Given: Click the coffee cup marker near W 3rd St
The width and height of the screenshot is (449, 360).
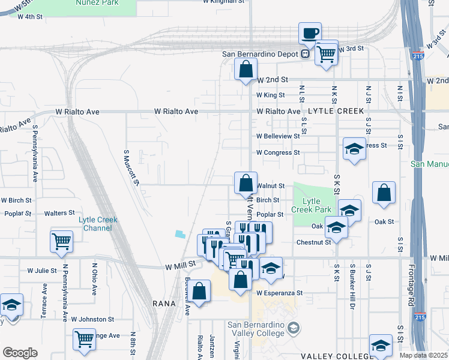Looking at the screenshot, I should [x=310, y=34].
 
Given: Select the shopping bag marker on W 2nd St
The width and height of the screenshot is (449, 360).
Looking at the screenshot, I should [x=246, y=70].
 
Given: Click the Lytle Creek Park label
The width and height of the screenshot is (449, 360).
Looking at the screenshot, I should [x=310, y=205].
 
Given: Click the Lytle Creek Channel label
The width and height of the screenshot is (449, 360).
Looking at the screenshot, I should [x=98, y=224].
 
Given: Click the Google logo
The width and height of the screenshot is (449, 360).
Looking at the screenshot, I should [x=20, y=353].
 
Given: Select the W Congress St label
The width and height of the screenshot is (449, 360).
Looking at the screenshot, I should [x=278, y=153].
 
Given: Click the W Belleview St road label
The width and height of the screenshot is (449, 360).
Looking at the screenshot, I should [x=278, y=136].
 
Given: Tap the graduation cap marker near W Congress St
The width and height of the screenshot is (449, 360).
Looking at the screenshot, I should [x=354, y=149].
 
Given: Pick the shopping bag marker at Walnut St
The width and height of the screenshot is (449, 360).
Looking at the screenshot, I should [x=246, y=184].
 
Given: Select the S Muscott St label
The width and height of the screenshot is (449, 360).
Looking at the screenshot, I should [x=132, y=167].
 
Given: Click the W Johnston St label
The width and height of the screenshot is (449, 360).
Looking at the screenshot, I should [x=92, y=320].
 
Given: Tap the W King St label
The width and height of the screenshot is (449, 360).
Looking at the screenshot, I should [x=270, y=95].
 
